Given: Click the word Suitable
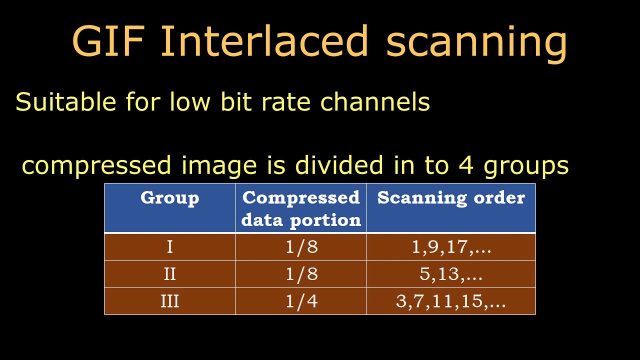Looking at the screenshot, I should pos(65,102).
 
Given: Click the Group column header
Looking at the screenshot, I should pos(169,198).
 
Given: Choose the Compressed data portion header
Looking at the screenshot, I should pos(301,208).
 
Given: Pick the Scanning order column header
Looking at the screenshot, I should pos(451,198).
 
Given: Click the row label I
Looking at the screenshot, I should pos(169,247).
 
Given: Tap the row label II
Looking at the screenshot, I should pos(169,274).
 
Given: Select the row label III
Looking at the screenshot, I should pos(169,301).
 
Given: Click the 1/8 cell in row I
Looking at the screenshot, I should pos(301,247).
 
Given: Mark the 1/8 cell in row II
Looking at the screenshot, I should pos(301,274).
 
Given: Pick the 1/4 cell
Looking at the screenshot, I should pos(301,301).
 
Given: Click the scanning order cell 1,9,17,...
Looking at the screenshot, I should pos(451,247).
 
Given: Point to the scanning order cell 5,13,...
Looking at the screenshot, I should pos(451,274).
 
